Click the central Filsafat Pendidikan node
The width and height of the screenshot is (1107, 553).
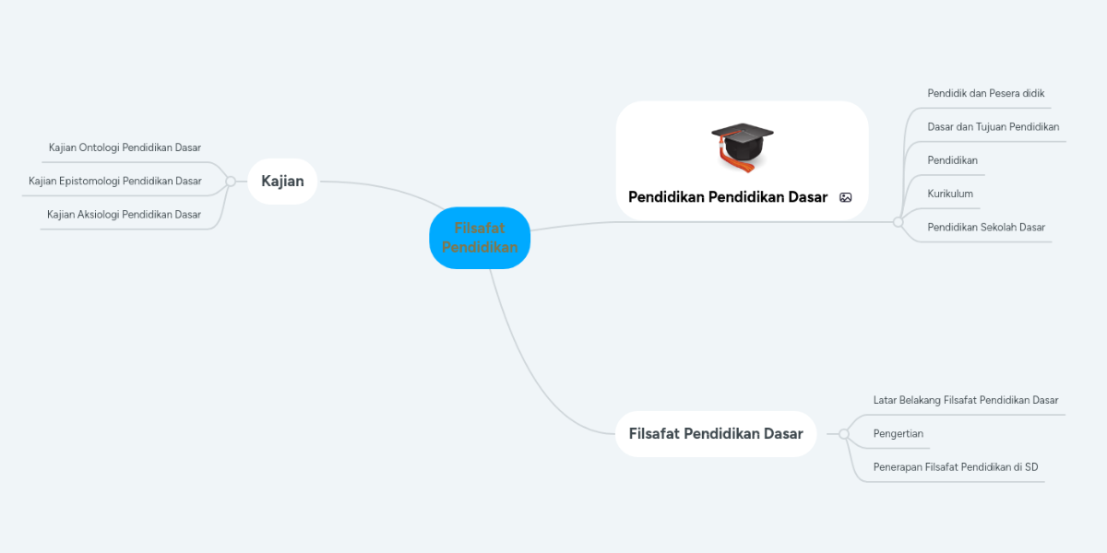480,238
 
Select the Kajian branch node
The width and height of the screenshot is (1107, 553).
282,182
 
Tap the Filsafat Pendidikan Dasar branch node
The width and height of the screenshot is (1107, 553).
716,434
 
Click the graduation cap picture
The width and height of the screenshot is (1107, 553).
742,147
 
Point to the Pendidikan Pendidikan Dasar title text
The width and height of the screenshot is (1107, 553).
728,197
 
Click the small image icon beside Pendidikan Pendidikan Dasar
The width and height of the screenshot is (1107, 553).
846,197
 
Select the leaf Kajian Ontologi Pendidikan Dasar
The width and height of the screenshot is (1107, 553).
125,147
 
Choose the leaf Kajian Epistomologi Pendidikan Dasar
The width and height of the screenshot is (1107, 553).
115,182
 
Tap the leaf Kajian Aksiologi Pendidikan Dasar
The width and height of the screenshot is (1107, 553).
124,215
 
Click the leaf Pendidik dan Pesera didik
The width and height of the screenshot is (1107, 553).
985,93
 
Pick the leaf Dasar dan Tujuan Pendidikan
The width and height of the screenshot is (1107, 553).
993,127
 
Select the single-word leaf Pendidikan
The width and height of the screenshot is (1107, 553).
952,160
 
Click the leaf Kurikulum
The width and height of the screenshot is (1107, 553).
950,194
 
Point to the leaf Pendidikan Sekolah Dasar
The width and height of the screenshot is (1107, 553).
986,227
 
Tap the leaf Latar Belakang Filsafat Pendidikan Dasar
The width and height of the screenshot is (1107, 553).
965,400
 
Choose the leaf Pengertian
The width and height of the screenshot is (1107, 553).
898,433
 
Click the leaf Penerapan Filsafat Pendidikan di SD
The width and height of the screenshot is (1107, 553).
955,467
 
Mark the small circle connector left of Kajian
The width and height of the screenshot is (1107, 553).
231,182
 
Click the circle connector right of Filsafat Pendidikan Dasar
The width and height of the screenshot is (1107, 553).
843,434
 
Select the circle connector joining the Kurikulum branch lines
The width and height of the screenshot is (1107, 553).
898,222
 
